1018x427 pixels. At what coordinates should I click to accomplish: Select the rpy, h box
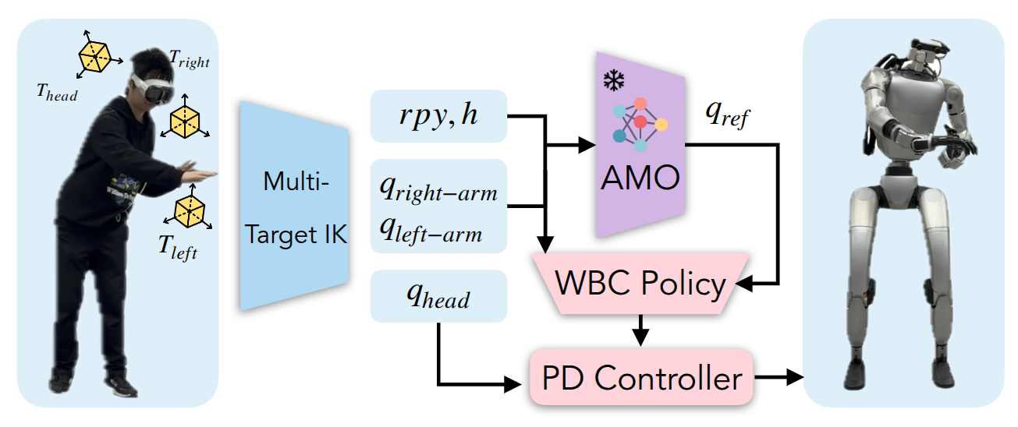pyautogui.click(x=438, y=116)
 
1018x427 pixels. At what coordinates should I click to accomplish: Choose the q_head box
pyautogui.click(x=438, y=295)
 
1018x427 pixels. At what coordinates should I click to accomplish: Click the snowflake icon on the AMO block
pyautogui.click(x=614, y=80)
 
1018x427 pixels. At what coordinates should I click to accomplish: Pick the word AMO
pyautogui.click(x=640, y=179)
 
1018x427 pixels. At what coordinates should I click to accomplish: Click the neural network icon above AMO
pyautogui.click(x=640, y=124)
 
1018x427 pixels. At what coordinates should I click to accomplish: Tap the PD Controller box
pyautogui.click(x=640, y=378)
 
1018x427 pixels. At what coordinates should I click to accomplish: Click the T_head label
pyautogui.click(x=56, y=92)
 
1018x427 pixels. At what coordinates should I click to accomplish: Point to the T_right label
pyautogui.click(x=189, y=58)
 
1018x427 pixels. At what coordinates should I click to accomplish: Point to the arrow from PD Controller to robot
pyautogui.click(x=780, y=378)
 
